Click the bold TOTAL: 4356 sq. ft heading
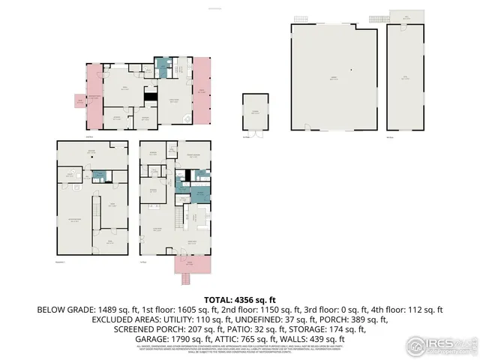pyautogui.click(x=238, y=299)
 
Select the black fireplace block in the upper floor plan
pyautogui.click(x=151, y=97)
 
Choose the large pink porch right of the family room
pyautogui.click(x=202, y=93)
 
